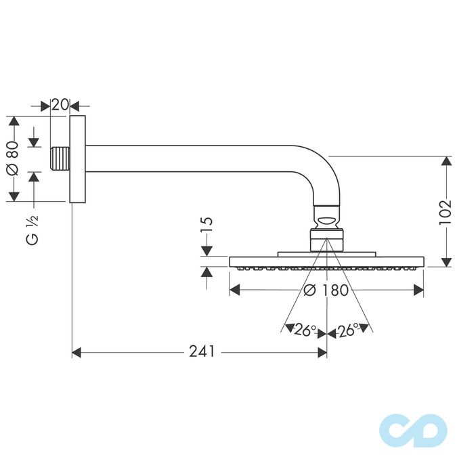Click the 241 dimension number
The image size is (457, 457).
pyautogui.click(x=202, y=351)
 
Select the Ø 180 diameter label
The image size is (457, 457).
pyautogui.click(x=326, y=290)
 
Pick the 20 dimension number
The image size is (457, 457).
pyautogui.click(x=60, y=105)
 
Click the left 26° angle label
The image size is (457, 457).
pyautogui.click(x=305, y=330)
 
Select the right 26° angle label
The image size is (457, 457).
pyautogui.click(x=348, y=330)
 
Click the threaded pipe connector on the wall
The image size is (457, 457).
pyautogui.click(x=60, y=159)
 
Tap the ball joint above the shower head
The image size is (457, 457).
pyautogui.click(x=328, y=220)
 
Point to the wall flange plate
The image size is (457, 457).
pyautogui.click(x=79, y=159)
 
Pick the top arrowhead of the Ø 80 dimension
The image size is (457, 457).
pyautogui.click(x=12, y=121)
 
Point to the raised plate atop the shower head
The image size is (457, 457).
pyautogui.click(x=326, y=255)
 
